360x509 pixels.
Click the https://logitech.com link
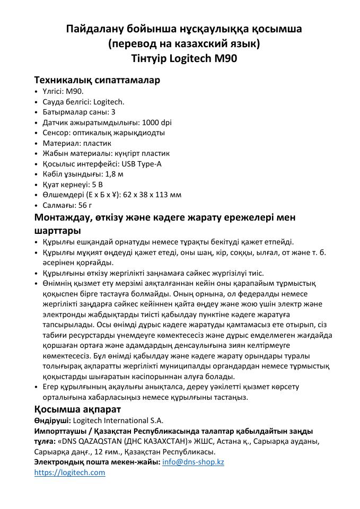pyautogui.click(x=69, y=472)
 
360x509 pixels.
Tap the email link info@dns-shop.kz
pyautogui.click(x=193, y=462)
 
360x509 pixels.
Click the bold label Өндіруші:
pyautogui.click(x=52, y=420)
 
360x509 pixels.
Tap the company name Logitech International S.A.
pyautogui.click(x=118, y=420)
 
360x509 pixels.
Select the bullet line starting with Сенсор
pyautogui.click(x=103, y=133)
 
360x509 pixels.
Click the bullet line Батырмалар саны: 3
pyautogui.click(x=78, y=112)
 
